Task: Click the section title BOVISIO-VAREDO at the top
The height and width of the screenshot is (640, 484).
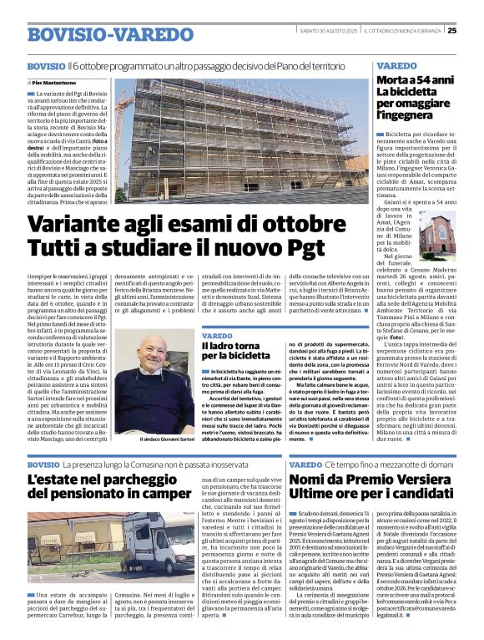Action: (x=100, y=34)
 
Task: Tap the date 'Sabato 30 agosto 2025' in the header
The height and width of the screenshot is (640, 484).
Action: (x=329, y=32)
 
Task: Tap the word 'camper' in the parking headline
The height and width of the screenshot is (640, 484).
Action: (x=175, y=493)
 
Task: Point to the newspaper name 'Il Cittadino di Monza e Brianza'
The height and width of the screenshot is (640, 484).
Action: (x=402, y=32)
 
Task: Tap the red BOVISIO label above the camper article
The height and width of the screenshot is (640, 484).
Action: (x=43, y=464)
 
